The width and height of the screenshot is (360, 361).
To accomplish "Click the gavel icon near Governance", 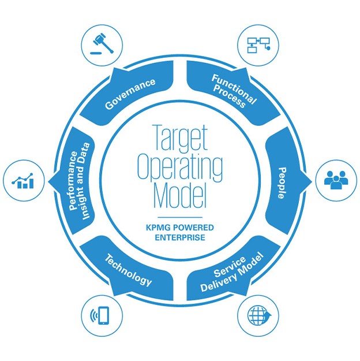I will tap(102, 46).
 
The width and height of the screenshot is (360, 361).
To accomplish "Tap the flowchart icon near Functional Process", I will tap(258, 46).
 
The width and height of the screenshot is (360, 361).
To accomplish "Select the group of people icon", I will tap(336, 180).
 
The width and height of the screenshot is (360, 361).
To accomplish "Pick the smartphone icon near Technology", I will tap(102, 316).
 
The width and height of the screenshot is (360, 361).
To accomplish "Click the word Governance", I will tap(130, 94).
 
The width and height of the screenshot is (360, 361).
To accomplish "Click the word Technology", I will tap(128, 270).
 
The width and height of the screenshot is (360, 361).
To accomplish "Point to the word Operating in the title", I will tap(179, 168).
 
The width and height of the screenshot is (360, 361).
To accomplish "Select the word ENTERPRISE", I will tap(179, 237).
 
